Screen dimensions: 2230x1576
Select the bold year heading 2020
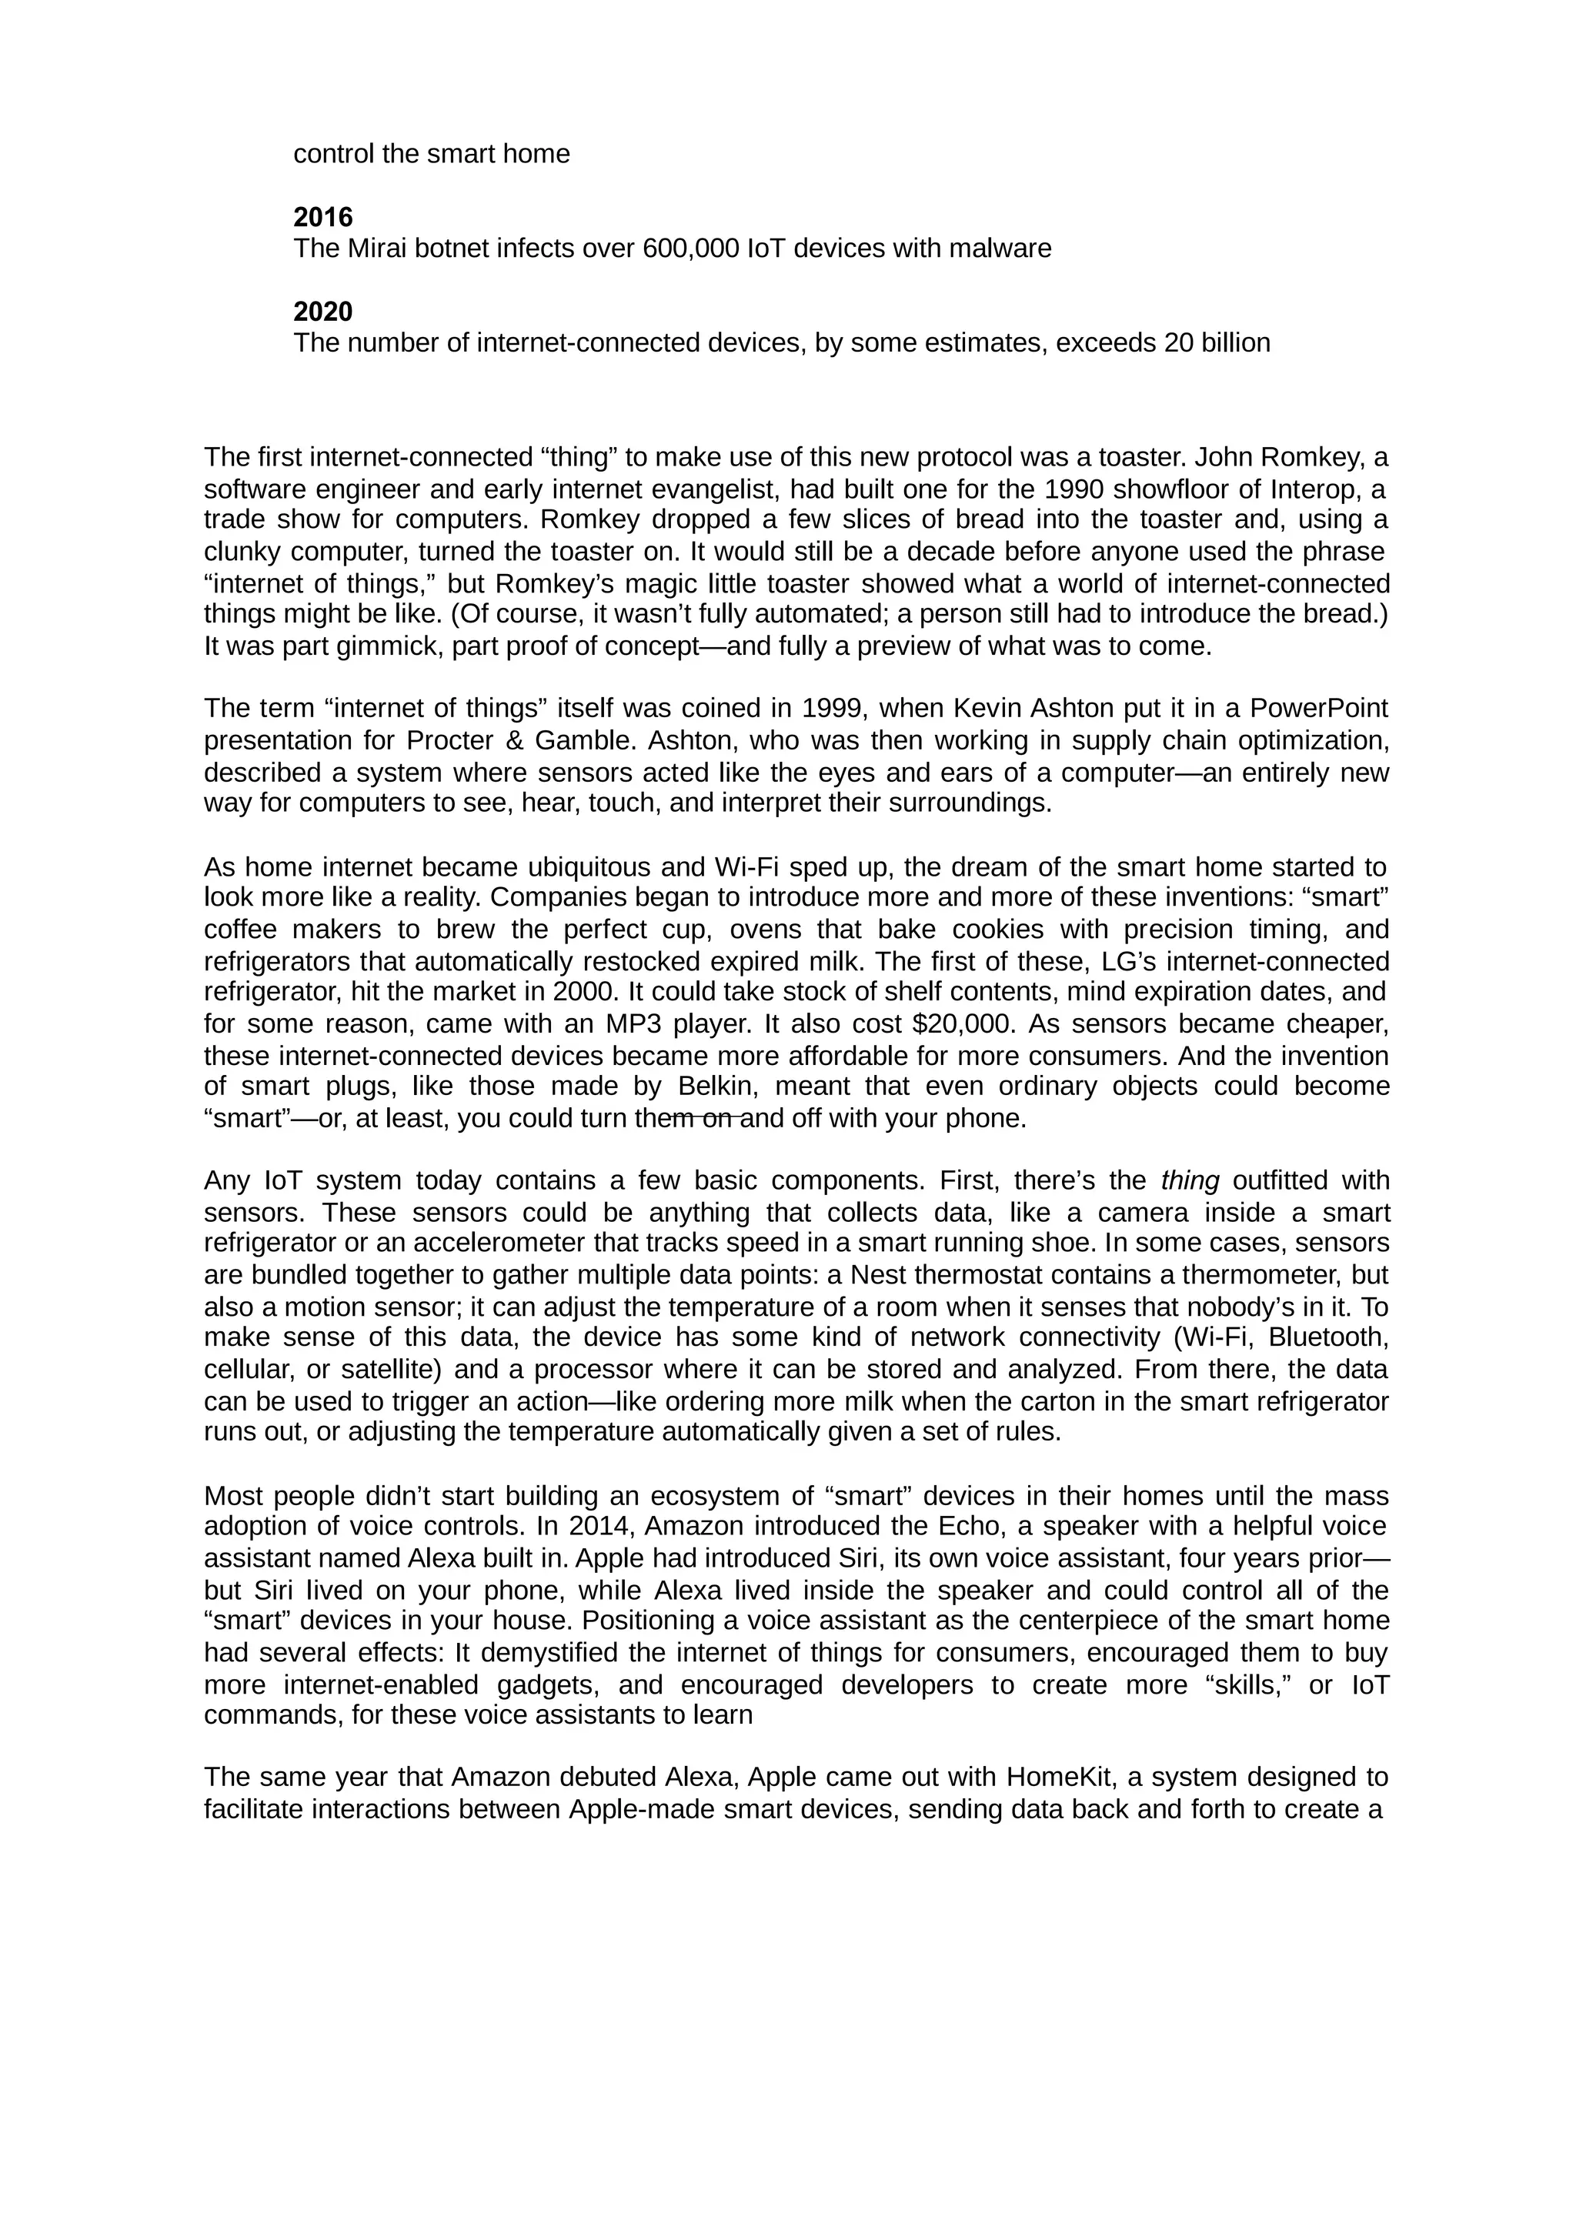[x=322, y=312]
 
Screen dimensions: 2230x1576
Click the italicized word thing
[x=1190, y=1181]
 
